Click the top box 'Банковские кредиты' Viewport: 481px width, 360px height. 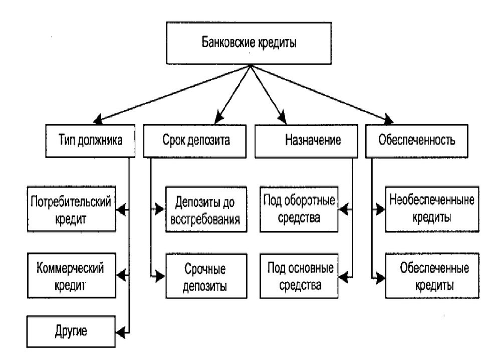pyautogui.click(x=249, y=43)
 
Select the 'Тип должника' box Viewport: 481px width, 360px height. pyautogui.click(x=90, y=141)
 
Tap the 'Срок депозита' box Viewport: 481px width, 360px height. pyautogui.click(x=195, y=141)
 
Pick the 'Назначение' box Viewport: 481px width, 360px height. pyautogui.click(x=306, y=141)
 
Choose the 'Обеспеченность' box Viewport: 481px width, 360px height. pyautogui.click(x=416, y=141)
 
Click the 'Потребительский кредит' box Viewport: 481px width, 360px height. pyautogui.click(x=72, y=209)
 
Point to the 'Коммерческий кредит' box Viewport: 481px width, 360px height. pyautogui.click(x=72, y=275)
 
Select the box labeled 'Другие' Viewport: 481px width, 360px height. pyautogui.click(x=71, y=331)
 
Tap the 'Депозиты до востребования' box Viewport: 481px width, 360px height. pyautogui.click(x=206, y=209)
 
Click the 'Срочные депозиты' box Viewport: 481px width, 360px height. pyautogui.click(x=206, y=276)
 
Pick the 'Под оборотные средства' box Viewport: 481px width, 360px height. pyautogui.click(x=299, y=209)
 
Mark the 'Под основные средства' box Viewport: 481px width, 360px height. pyautogui.click(x=299, y=276)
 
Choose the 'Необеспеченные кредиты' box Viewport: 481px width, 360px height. pyautogui.click(x=432, y=209)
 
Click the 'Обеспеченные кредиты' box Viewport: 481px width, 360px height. pyautogui.click(x=432, y=276)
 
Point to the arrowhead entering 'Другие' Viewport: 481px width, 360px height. pyautogui.click(x=121, y=332)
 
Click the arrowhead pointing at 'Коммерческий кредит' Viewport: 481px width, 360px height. pyautogui.click(x=121, y=275)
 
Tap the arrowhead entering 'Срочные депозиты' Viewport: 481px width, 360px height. pyautogui.click(x=160, y=276)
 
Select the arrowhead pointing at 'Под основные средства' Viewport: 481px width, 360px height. pyautogui.click(x=343, y=276)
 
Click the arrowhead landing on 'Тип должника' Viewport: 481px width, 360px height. pyautogui.click(x=98, y=119)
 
